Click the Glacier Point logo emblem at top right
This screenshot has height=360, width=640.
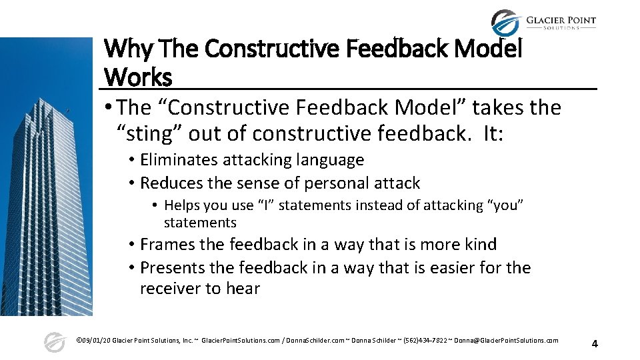pyautogui.click(x=505, y=24)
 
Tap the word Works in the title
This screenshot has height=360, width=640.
pyautogui.click(x=138, y=77)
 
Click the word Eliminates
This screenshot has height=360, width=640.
pyautogui.click(x=179, y=160)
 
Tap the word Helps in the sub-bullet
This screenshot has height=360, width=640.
pyautogui.click(x=182, y=205)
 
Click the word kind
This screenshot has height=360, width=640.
pyautogui.click(x=481, y=245)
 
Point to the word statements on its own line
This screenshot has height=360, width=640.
pyautogui.click(x=200, y=223)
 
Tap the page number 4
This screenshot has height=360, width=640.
pyautogui.click(x=595, y=344)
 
